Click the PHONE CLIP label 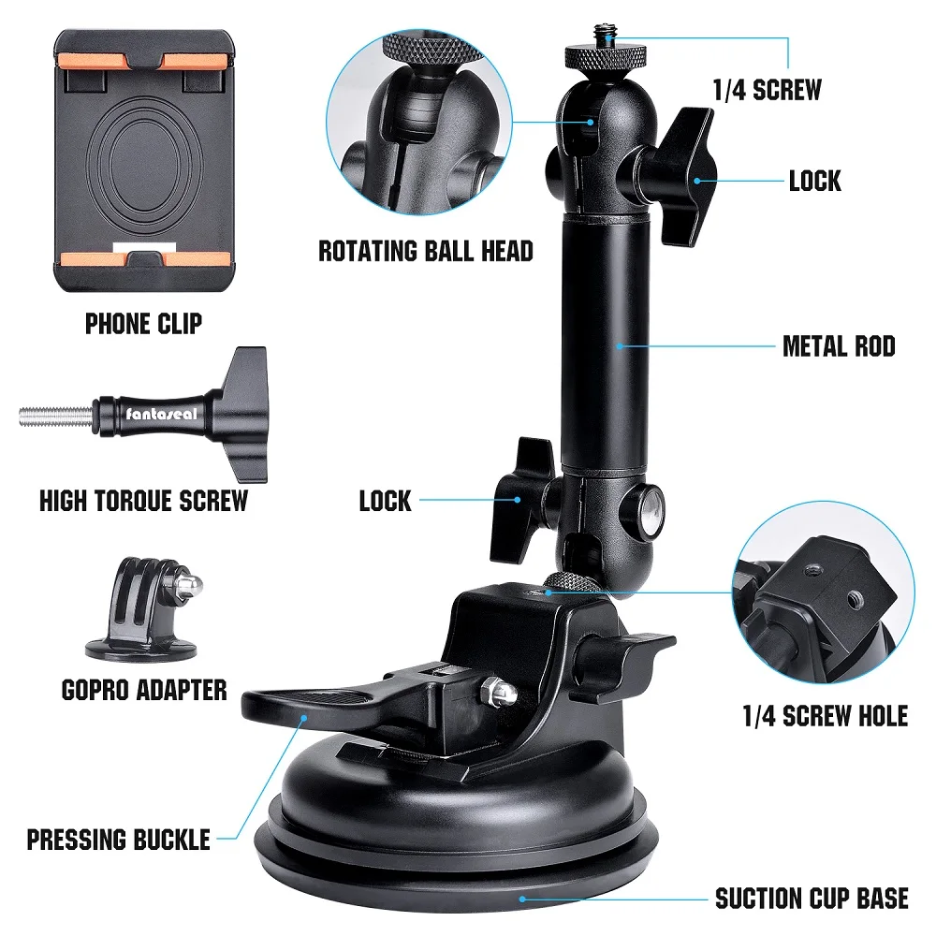point(143,325)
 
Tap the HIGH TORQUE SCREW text point(143,501)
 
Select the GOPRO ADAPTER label point(143,691)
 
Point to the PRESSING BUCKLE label point(118,839)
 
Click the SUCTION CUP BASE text point(812,899)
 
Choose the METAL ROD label point(839,347)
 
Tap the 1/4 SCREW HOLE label point(825,717)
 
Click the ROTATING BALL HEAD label point(426,251)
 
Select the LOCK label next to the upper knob point(814,181)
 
